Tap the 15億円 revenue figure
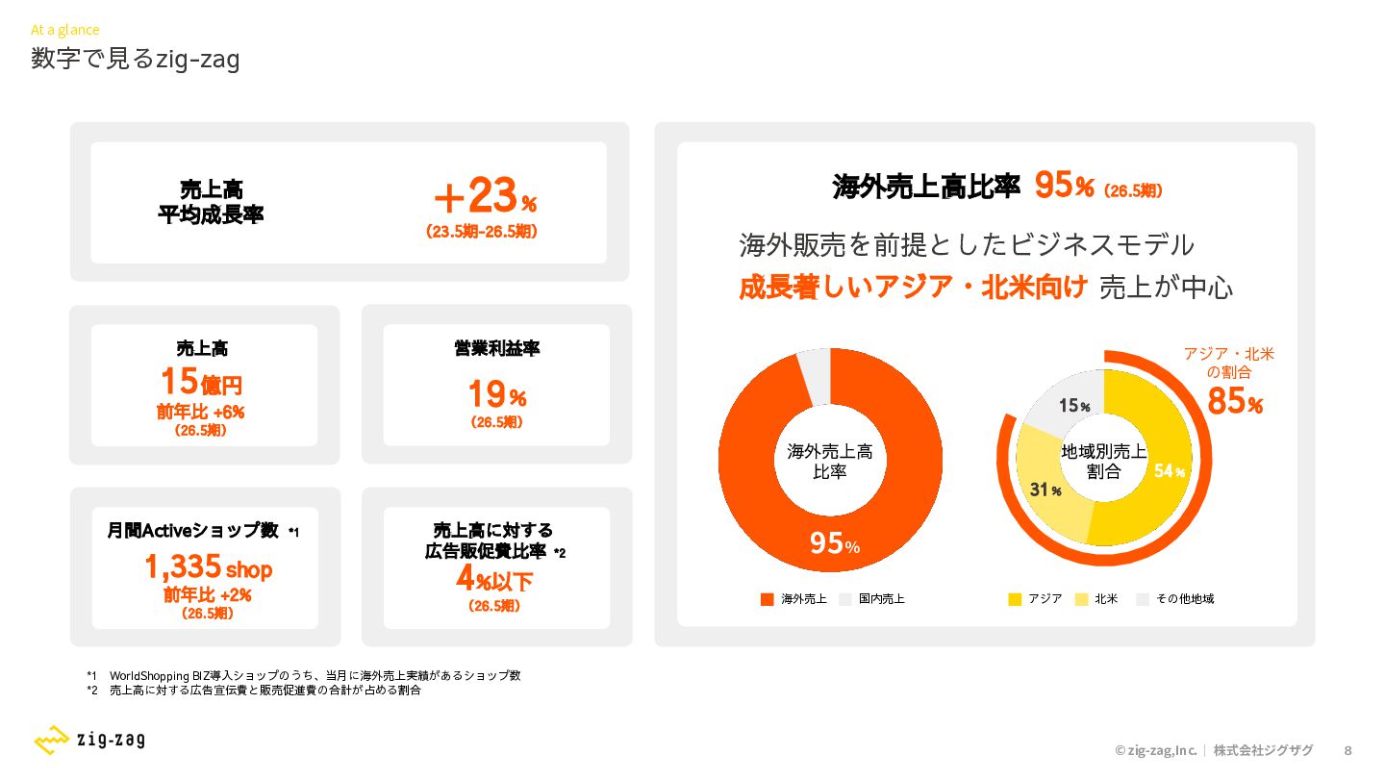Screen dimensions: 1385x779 [x=202, y=382]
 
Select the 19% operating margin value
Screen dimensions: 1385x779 [x=497, y=394]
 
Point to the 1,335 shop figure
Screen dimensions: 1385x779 [x=209, y=567]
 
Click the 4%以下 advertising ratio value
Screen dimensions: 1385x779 [x=494, y=579]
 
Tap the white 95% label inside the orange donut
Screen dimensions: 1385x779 [x=835, y=543]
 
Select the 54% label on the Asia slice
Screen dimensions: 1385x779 [x=1170, y=471]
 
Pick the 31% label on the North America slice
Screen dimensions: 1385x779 [x=1045, y=490]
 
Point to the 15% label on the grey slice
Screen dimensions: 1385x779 [x=1074, y=406]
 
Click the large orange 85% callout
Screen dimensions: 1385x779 [x=1235, y=401]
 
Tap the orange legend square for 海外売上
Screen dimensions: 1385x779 [x=768, y=599]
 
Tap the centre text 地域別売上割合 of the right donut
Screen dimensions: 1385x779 [x=1104, y=462]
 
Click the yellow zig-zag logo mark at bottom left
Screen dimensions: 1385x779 [x=51, y=740]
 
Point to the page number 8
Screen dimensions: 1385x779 [x=1347, y=750]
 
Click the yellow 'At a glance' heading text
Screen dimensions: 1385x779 [x=65, y=30]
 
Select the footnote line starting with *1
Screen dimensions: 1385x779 [x=304, y=676]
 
